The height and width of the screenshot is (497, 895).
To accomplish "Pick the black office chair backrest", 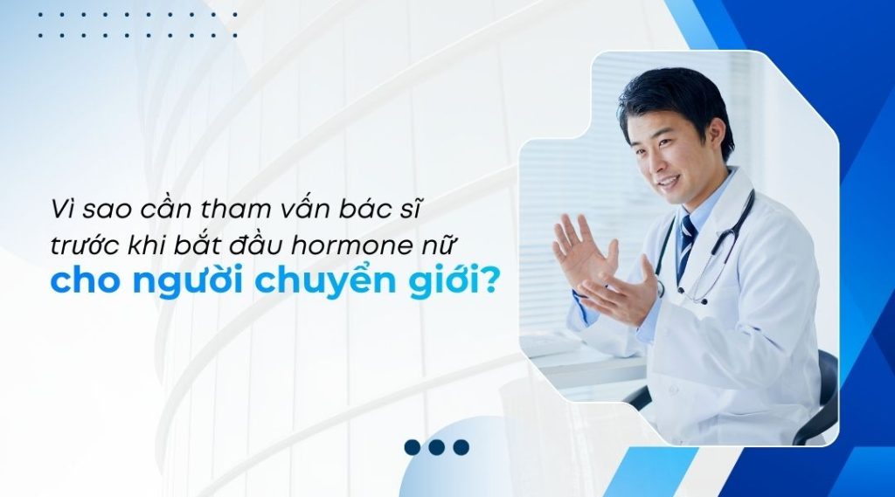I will [825, 393].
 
